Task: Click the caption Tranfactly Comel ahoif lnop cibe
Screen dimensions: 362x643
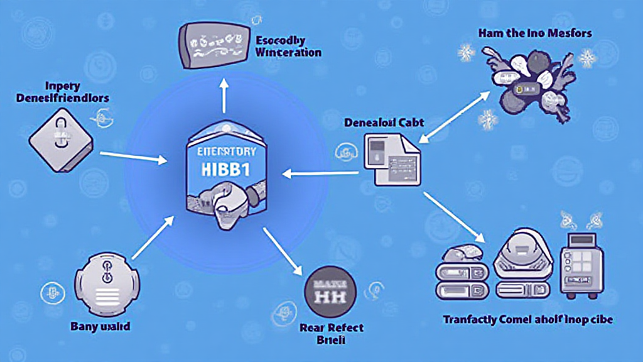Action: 528,320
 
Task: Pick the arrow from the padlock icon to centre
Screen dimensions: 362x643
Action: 134,156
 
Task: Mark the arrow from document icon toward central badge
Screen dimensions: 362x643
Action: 320,171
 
